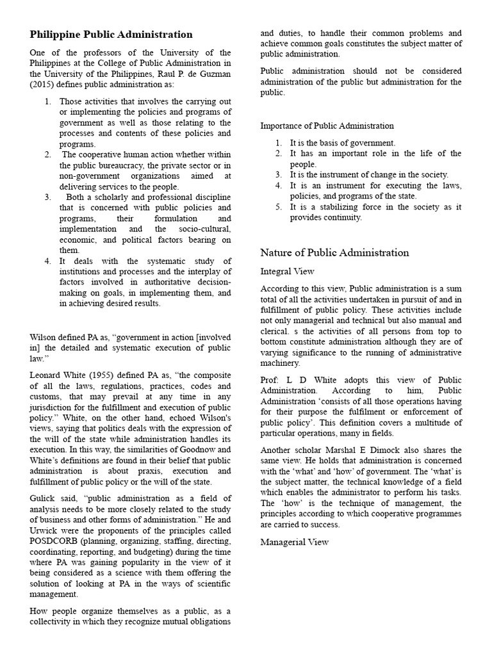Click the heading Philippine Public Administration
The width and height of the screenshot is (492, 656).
tap(111, 35)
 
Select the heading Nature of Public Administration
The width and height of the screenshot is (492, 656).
tap(334, 252)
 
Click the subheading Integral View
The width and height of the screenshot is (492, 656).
tap(287, 272)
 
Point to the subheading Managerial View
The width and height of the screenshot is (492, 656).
tap(295, 542)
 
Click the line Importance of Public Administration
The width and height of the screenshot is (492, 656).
tap(327, 126)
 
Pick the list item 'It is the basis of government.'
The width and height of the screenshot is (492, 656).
tap(343, 143)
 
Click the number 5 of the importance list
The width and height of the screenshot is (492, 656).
tap(279, 207)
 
